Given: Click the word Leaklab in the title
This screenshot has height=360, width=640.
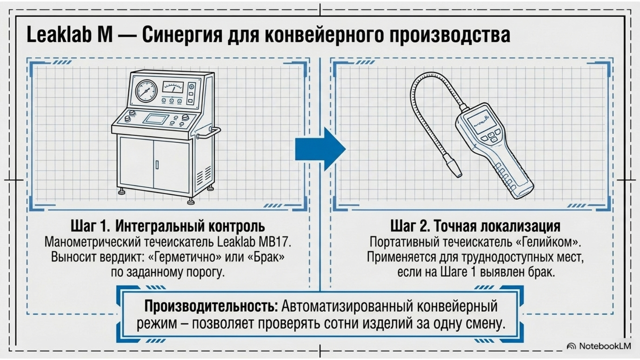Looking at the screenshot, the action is [x=59, y=34].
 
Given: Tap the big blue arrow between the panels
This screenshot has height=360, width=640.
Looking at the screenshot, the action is [x=320, y=149].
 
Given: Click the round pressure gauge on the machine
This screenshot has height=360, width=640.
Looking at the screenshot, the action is [x=146, y=91].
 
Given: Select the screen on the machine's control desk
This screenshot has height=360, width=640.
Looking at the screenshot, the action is [x=156, y=119].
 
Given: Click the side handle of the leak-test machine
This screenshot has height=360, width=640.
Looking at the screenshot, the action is [x=208, y=133].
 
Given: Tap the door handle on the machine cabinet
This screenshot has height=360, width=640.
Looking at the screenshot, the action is [x=157, y=164].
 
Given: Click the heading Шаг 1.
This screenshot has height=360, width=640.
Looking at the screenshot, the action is [x=90, y=226].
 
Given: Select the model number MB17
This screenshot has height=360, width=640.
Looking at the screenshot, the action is [x=274, y=242].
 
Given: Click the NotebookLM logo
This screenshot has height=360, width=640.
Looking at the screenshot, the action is [x=599, y=346].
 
